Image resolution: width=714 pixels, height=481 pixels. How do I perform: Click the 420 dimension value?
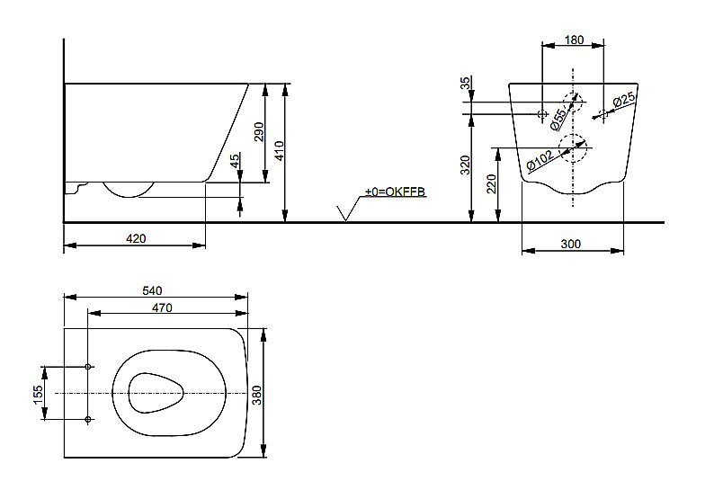click(136, 238)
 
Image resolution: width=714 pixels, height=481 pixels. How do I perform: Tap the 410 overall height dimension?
click(280, 149)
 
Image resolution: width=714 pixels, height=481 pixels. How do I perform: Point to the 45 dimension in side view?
click(236, 161)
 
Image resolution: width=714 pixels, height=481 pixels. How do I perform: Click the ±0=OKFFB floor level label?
click(394, 192)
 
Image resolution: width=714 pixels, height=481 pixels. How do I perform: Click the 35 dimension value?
click(465, 84)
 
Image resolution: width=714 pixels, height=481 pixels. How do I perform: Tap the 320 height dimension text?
click(465, 165)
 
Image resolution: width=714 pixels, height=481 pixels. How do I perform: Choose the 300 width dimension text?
click(571, 244)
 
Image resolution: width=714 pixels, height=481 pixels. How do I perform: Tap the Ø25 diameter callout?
click(623, 101)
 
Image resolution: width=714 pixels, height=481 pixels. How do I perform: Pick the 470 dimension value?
click(162, 307)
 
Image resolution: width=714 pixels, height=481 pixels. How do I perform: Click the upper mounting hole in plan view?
click(88, 367)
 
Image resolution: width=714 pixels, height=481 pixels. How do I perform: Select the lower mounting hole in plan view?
click(88, 420)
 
